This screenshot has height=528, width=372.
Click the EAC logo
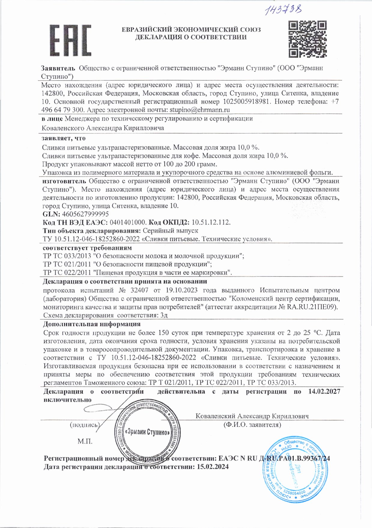(x=70, y=40)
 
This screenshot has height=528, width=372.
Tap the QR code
(x=307, y=39)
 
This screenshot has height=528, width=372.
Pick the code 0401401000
(x=128, y=222)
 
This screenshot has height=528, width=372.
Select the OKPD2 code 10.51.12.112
(x=211, y=222)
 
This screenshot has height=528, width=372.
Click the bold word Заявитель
(x=58, y=68)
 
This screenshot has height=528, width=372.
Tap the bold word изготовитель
(x=64, y=181)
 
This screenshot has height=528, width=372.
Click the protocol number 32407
(x=140, y=290)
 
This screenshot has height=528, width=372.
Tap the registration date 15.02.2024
(x=213, y=467)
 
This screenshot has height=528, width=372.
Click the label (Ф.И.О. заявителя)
(x=252, y=425)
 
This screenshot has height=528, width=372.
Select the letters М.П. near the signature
(x=85, y=441)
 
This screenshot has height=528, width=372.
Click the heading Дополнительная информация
(x=92, y=324)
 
